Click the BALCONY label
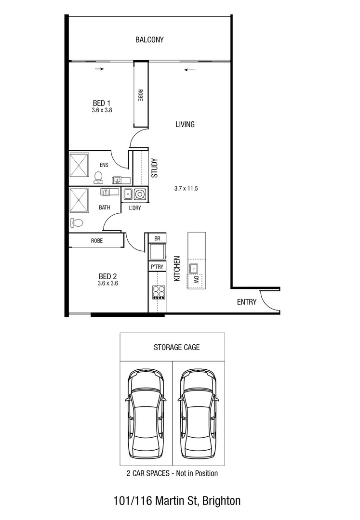pyautogui.click(x=149, y=40)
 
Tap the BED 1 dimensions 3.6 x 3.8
pyautogui.click(x=102, y=110)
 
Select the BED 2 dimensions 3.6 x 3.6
pyautogui.click(x=107, y=284)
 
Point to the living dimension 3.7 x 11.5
pyautogui.click(x=186, y=189)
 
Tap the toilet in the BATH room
pyautogui.click(x=76, y=222)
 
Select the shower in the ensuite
pyautogui.click(x=79, y=165)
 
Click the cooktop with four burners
pyautogui.click(x=157, y=292)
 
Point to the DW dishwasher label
pyautogui.click(x=197, y=279)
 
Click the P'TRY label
pyautogui.click(x=157, y=267)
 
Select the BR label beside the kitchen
pyautogui.click(x=157, y=238)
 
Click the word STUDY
pyautogui.click(x=155, y=169)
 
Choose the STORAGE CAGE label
pyautogui.click(x=176, y=347)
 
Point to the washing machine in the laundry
pyautogui.click(x=140, y=195)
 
